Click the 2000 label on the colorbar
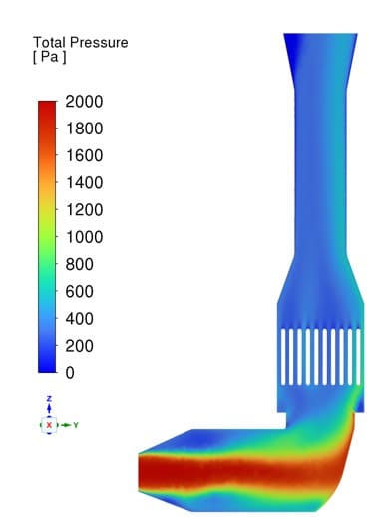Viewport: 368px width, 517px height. point(84,101)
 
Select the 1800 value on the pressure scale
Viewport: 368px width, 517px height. point(84,129)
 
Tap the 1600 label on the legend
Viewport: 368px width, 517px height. point(84,155)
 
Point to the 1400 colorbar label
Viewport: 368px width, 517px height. point(84,182)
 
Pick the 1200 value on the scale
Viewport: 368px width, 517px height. point(84,210)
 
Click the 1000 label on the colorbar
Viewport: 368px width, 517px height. point(84,237)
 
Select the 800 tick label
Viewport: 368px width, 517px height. point(79,264)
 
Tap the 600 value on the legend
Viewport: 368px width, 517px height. point(79,291)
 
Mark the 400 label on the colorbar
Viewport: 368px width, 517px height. point(79,319)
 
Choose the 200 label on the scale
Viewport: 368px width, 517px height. point(79,346)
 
